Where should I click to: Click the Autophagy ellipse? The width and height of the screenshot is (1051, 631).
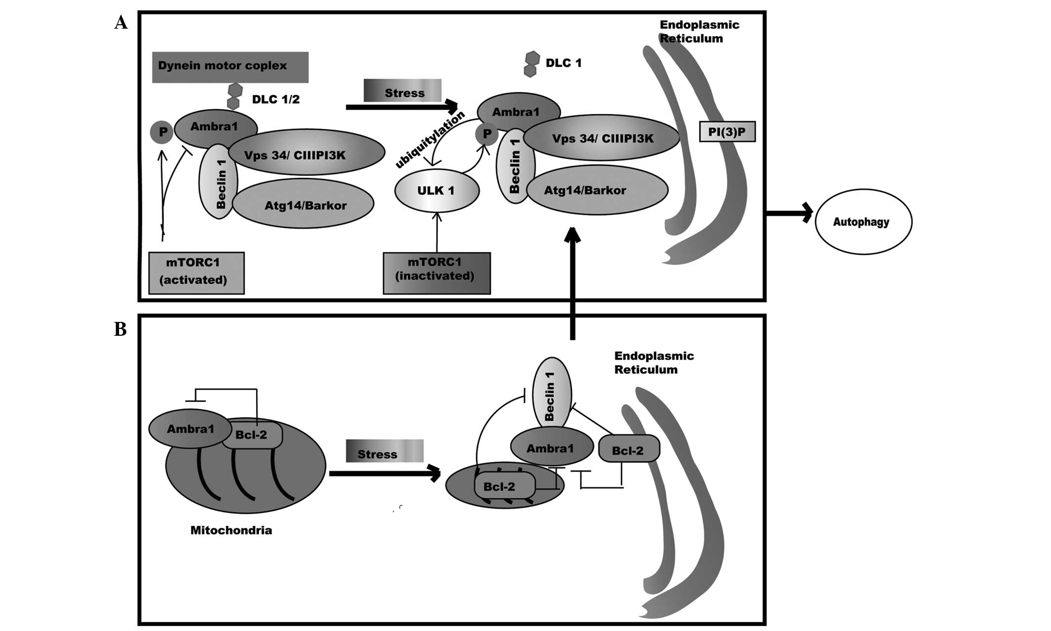point(863,222)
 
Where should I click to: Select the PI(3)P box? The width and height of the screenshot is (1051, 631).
point(727,133)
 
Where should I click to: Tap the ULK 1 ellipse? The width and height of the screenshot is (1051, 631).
point(437,190)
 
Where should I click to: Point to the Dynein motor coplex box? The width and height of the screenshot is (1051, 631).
point(230,67)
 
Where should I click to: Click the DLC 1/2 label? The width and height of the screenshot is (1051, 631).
point(275,99)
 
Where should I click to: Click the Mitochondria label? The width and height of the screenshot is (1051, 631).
point(231,531)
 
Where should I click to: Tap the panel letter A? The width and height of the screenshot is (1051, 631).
point(121,23)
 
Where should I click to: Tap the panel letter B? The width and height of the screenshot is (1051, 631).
point(120,329)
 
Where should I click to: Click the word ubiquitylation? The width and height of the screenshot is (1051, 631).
point(430,139)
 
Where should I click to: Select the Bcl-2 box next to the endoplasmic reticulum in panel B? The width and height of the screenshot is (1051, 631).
point(628,449)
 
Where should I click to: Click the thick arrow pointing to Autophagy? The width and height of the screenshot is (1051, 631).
point(789,213)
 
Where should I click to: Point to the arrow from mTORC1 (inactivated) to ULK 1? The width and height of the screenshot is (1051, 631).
point(437,232)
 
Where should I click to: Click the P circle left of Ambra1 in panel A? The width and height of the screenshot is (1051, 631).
point(162,132)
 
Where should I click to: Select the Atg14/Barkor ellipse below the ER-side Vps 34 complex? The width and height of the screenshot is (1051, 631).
point(597,190)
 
